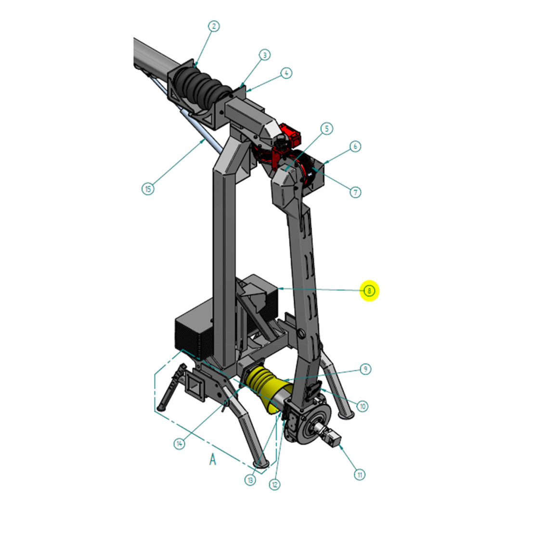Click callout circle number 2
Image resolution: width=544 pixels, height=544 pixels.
point(214,26)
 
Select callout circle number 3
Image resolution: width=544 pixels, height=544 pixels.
point(265,55)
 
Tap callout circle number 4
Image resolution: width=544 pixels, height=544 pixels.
point(286,73)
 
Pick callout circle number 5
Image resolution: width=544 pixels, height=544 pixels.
point(326,129)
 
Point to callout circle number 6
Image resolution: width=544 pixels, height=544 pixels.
point(355,146)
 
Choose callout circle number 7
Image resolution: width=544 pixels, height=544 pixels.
point(355,192)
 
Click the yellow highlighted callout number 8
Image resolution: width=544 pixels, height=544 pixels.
point(370,291)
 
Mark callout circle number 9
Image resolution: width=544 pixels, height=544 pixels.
point(365,369)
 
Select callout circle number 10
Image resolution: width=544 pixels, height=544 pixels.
point(363,406)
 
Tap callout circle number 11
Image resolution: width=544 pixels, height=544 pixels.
point(360,475)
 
